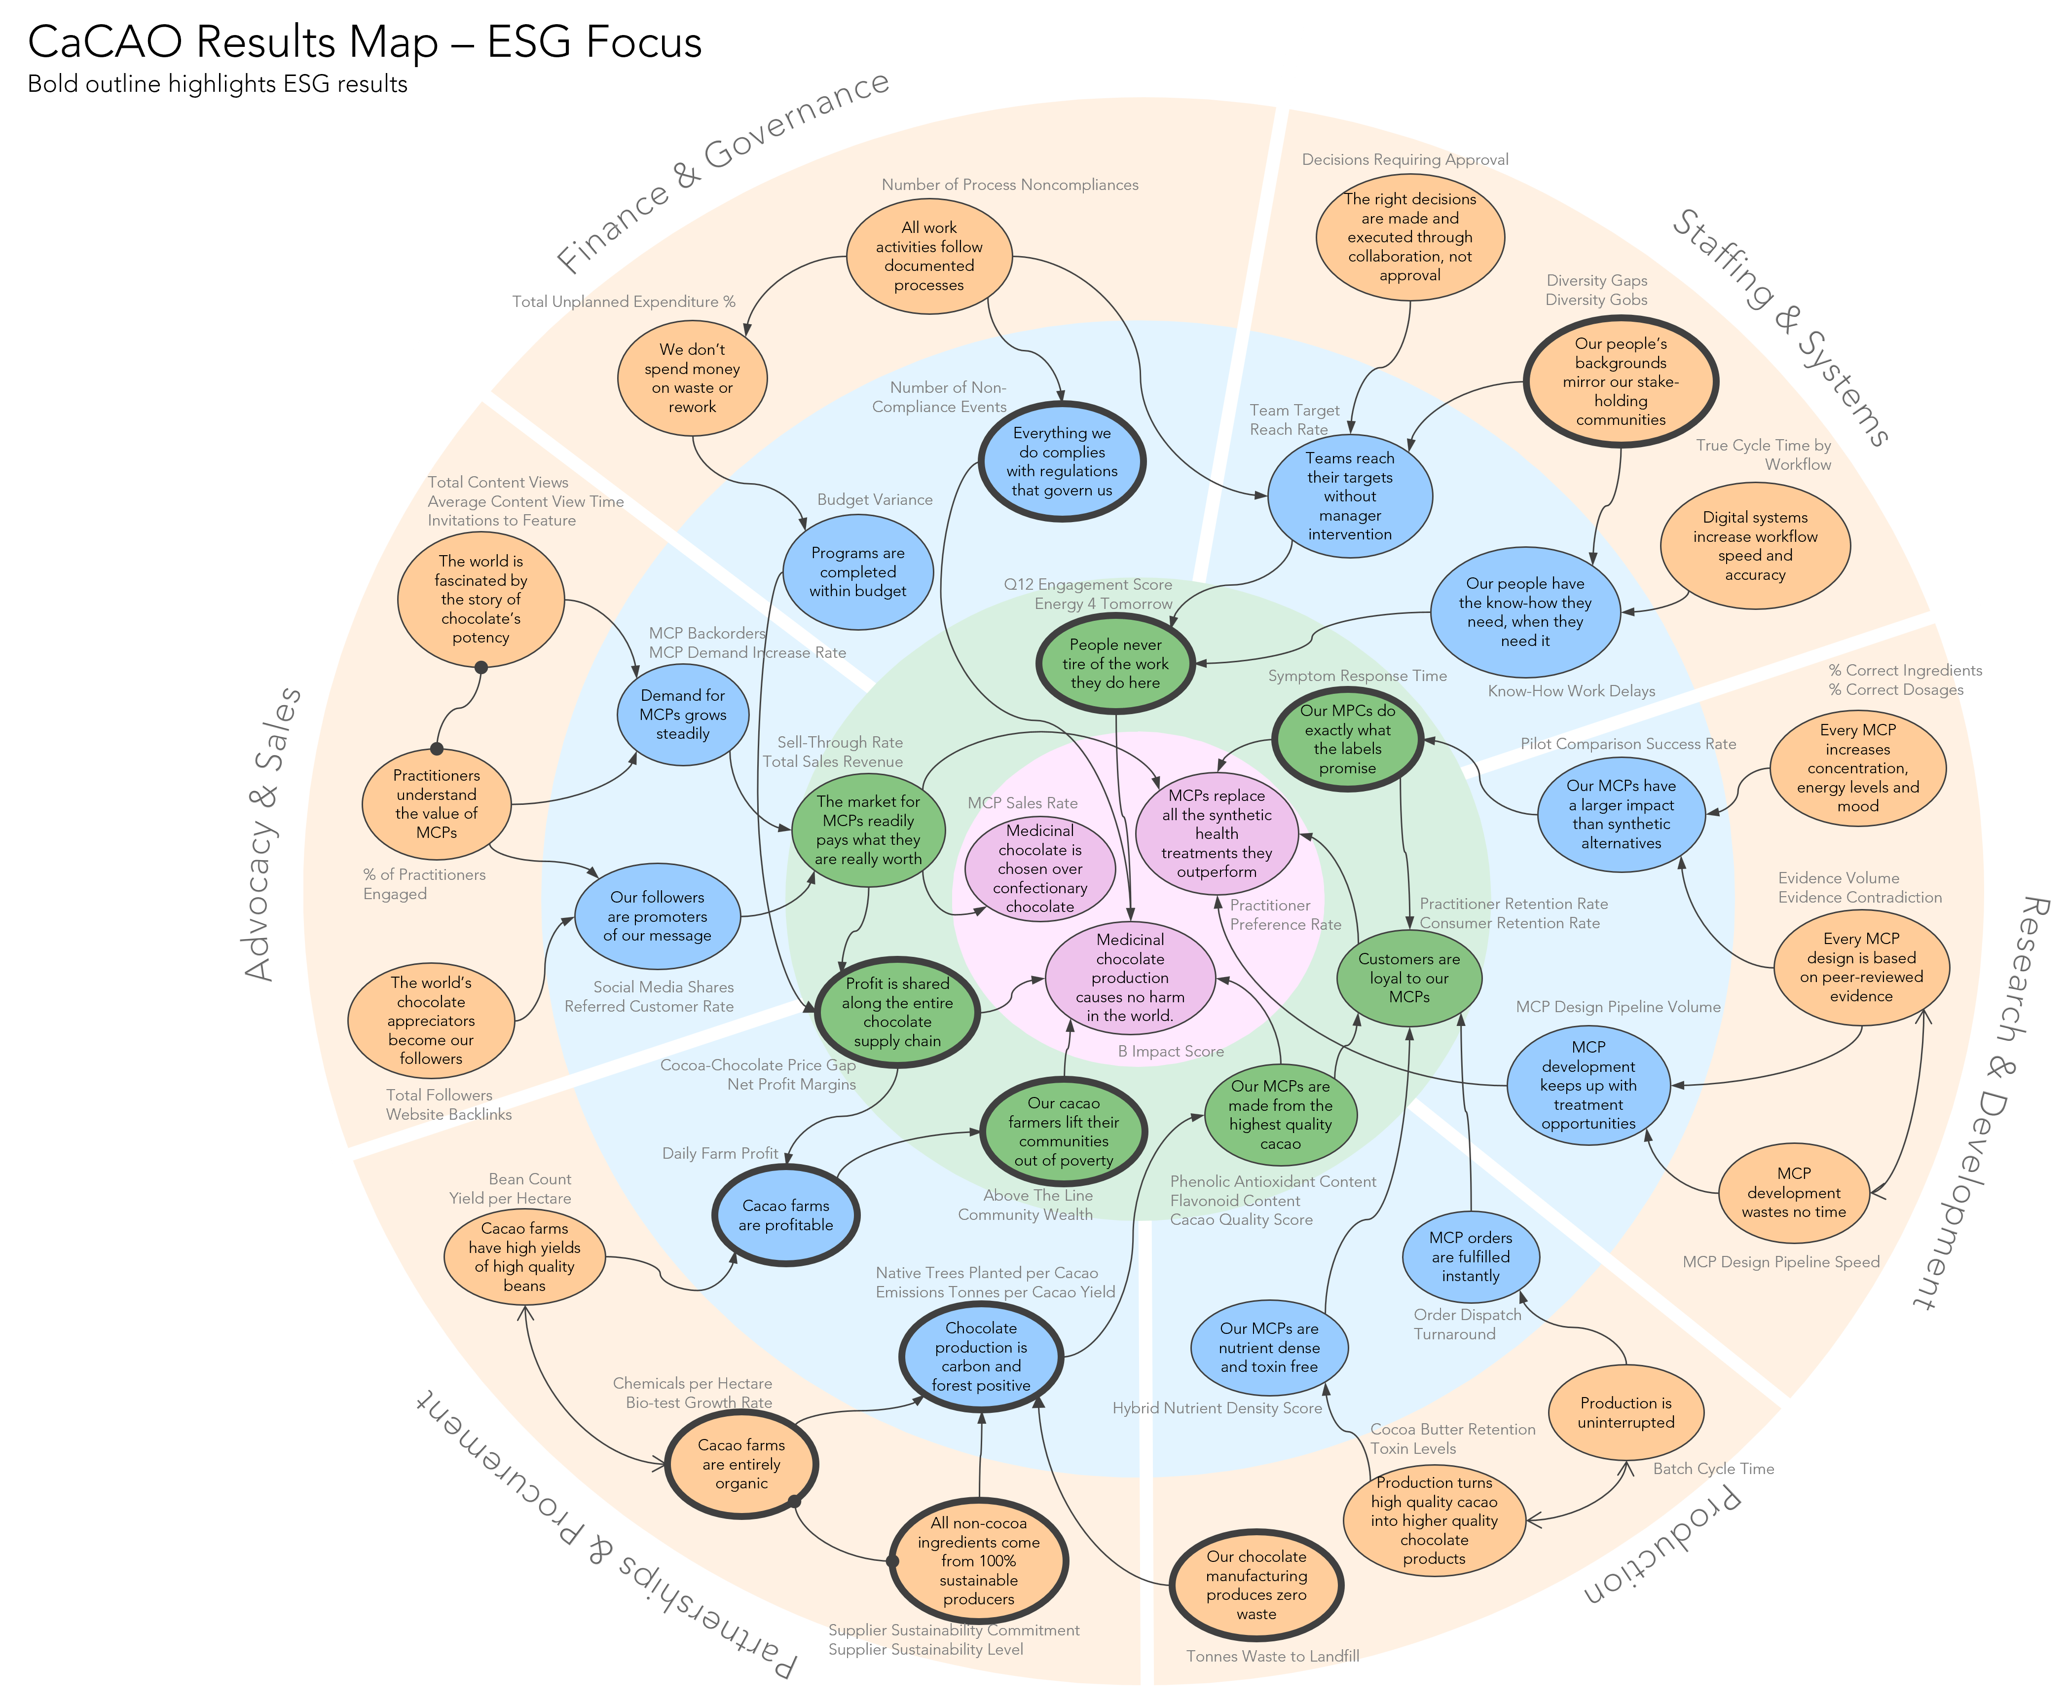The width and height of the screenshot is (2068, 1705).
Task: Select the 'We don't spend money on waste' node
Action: coord(692,378)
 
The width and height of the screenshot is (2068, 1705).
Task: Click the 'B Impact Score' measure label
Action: coord(1171,1052)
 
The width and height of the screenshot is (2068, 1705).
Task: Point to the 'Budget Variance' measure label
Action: coord(875,500)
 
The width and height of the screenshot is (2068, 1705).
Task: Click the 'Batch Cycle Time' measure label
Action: coord(1713,1469)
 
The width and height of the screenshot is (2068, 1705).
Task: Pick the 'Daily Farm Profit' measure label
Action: coord(720,1154)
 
